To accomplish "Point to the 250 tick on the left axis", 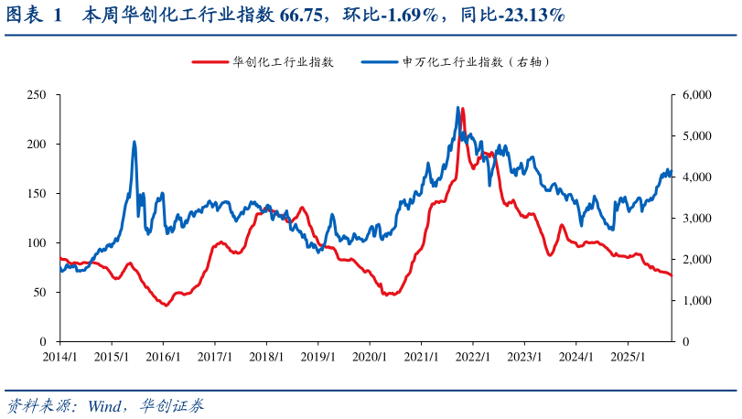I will click(38, 95).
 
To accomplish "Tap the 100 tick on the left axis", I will click(38, 243).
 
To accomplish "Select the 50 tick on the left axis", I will click(40, 293).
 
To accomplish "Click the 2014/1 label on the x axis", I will click(59, 356).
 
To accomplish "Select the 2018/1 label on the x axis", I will click(264, 356).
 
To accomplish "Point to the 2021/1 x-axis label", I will click(419, 356).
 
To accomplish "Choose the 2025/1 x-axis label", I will click(626, 356).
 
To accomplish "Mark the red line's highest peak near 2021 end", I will click(463, 109).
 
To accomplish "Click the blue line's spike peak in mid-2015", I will click(134, 142).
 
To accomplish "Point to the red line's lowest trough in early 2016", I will click(166, 305).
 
